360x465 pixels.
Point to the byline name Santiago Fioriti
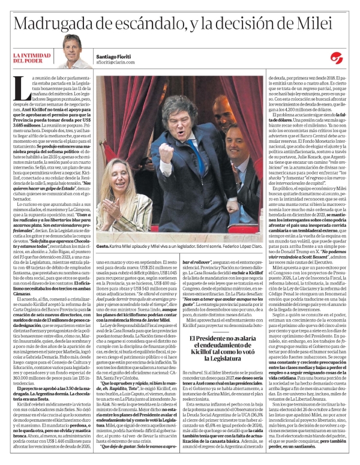click(x=115, y=55)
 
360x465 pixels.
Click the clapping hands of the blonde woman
click(x=110, y=211)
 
